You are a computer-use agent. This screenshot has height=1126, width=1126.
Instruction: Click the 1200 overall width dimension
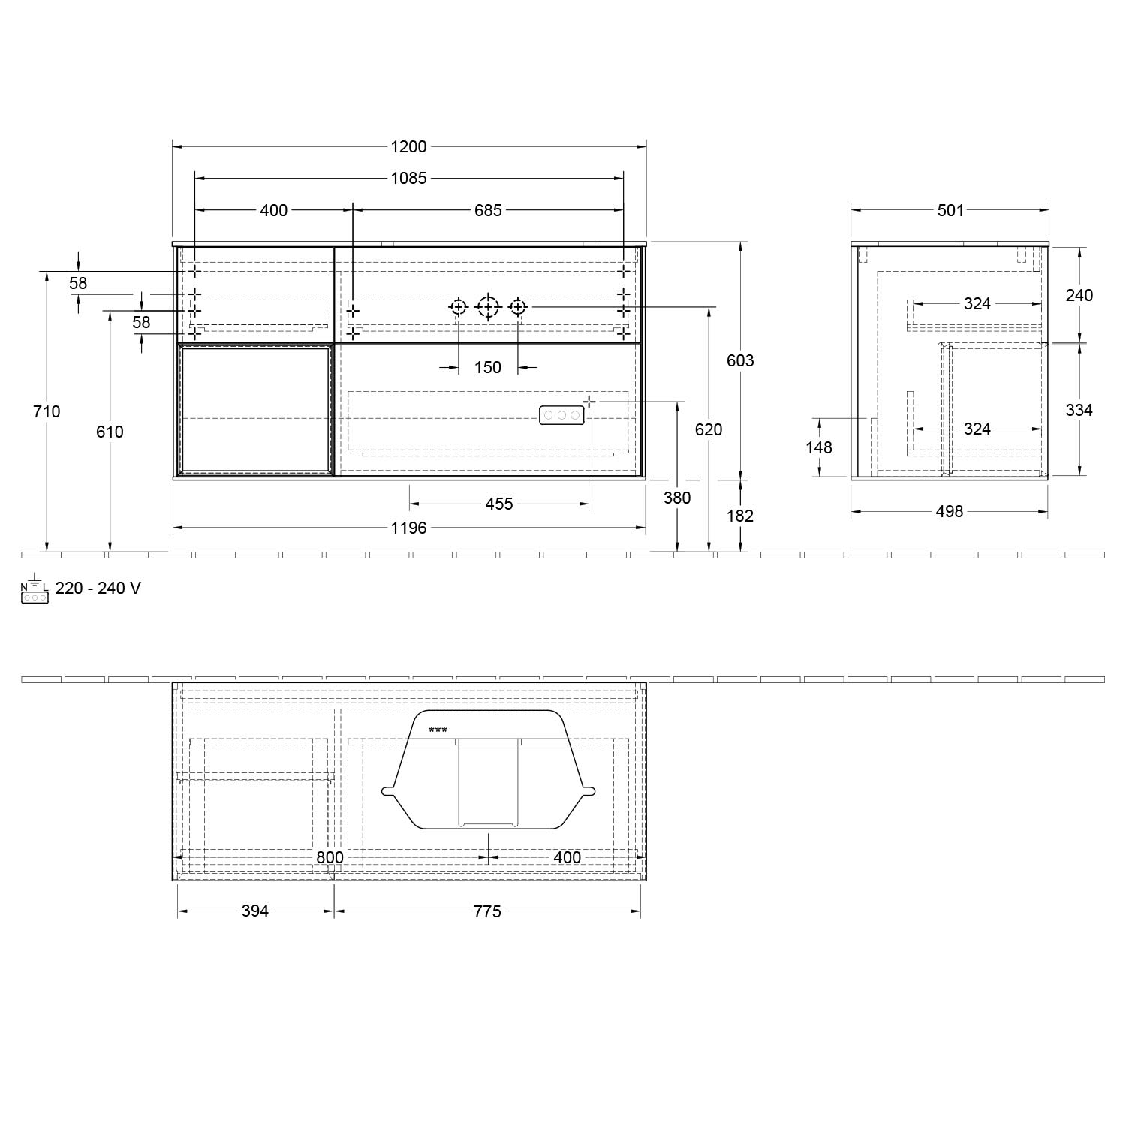[x=409, y=147]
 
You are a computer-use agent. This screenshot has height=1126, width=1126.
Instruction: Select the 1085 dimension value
[x=409, y=179]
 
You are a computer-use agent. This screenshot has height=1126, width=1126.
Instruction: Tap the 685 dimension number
[x=488, y=210]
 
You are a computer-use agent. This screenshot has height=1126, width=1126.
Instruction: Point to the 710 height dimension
[x=47, y=411]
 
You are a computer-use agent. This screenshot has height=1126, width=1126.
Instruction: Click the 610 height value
[x=110, y=432]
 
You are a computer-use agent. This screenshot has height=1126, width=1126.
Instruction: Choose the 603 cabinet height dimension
[x=740, y=360]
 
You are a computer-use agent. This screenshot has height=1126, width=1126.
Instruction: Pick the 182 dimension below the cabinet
[x=740, y=516]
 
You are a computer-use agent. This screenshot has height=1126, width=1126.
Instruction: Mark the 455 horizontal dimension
[x=499, y=504]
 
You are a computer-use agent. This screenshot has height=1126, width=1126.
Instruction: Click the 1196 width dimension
[x=409, y=528]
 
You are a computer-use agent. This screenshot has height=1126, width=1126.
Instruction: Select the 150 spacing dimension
[x=488, y=367]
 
